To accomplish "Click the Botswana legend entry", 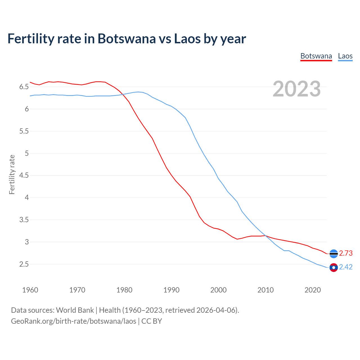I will (x=316, y=56).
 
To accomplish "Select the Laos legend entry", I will (x=345, y=56).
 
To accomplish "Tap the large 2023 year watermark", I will (x=297, y=89).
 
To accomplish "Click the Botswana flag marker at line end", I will (x=334, y=254).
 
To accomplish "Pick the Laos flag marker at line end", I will (x=334, y=267).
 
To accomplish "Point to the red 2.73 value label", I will (x=346, y=253).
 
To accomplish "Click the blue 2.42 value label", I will (x=346, y=267).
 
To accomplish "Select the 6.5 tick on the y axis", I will (x=24, y=87).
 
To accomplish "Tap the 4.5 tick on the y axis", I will (x=24, y=175).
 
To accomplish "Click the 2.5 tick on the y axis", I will (x=24, y=264).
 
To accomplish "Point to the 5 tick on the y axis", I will (x=27, y=154).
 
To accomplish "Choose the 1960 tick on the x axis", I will (x=30, y=290).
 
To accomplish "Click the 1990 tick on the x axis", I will (x=171, y=290).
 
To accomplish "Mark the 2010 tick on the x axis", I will (x=265, y=290).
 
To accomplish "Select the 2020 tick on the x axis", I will (x=312, y=290).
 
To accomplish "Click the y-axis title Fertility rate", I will (x=12, y=174).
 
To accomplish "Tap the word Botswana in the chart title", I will (x=126, y=39).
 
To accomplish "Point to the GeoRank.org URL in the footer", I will (x=73, y=321).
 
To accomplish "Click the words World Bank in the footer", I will (x=75, y=310).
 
